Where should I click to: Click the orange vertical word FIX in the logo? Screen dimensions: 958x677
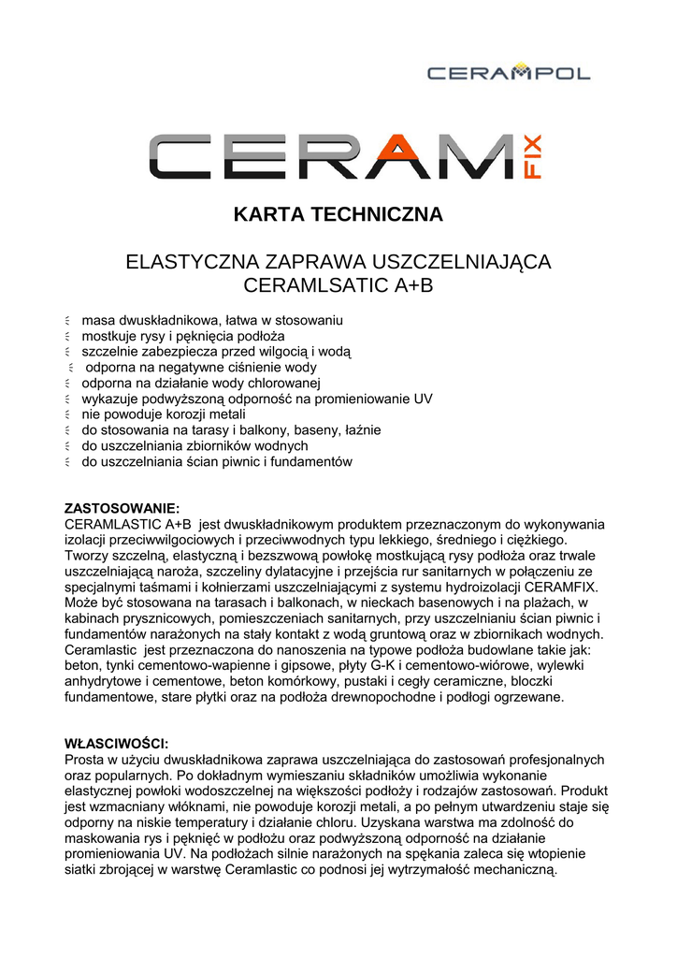[540, 157]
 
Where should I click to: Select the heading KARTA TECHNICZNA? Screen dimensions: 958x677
[338, 214]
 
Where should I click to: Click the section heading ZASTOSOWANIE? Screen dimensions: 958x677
[122, 508]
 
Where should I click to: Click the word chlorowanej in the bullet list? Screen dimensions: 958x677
[281, 383]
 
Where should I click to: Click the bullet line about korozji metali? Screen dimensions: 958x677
[164, 414]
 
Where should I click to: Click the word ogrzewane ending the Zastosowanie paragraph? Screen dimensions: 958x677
[527, 697]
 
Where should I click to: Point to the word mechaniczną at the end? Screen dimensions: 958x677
[513, 870]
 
